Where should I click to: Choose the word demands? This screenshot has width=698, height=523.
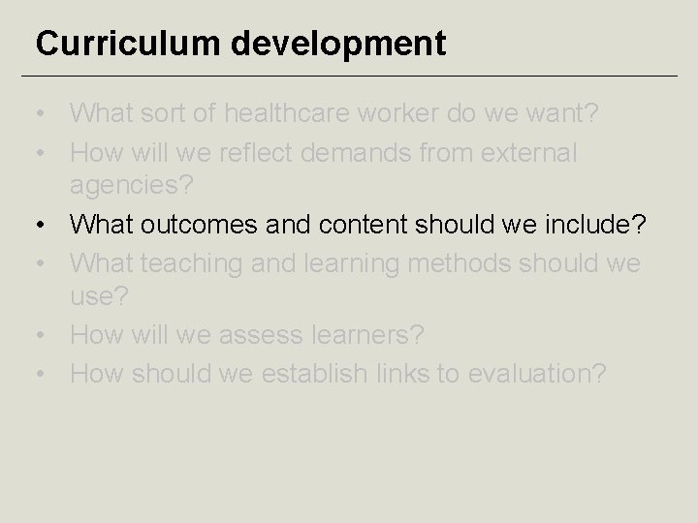[389, 152]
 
